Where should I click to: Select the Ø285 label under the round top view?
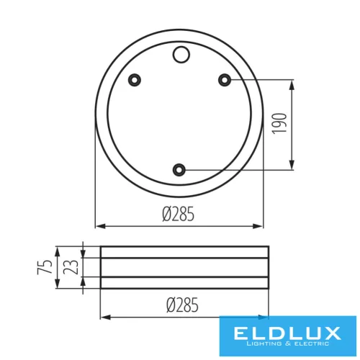(179, 214)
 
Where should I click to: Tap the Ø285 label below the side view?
(183, 305)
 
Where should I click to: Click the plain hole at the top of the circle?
(180, 53)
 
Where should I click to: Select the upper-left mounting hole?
(134, 79)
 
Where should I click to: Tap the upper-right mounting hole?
(225, 79)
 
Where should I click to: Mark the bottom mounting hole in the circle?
(179, 170)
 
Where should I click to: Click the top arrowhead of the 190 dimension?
(292, 84)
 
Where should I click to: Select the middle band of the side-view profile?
(185, 268)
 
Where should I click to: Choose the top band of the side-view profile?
(185, 252)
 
